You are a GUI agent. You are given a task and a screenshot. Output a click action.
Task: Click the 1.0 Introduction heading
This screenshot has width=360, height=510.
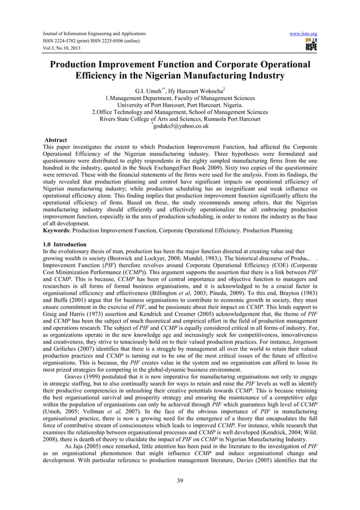pos(65,244)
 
